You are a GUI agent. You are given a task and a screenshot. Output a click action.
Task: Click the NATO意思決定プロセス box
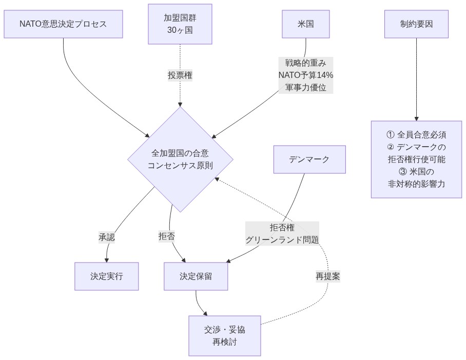click(63, 24)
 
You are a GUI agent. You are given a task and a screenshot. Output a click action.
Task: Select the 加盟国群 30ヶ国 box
click(180, 24)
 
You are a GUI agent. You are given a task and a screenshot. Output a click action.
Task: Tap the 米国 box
click(306, 24)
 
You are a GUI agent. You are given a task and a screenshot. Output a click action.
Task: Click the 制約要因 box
click(416, 24)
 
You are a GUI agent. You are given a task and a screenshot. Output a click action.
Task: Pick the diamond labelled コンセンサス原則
click(180, 159)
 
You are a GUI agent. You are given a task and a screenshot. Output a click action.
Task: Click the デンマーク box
click(309, 159)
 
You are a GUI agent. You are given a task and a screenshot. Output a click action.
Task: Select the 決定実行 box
click(107, 276)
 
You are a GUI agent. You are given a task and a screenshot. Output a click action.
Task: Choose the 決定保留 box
click(196, 276)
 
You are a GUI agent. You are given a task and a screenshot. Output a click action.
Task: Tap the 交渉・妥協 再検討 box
click(224, 335)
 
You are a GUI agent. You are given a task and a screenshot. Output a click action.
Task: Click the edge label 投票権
click(180, 75)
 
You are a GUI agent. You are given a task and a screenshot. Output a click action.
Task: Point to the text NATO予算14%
click(306, 75)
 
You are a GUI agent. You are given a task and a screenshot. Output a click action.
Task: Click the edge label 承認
click(107, 237)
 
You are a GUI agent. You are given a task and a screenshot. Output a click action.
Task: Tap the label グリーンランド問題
click(282, 239)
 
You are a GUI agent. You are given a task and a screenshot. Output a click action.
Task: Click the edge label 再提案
click(328, 276)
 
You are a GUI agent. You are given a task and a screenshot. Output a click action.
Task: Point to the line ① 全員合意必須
click(416, 135)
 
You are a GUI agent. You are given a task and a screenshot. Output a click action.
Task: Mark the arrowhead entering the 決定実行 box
click(107, 260)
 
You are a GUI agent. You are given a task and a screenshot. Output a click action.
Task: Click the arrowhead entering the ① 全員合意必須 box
click(416, 118)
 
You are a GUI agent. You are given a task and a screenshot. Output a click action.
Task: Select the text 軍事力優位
click(306, 87)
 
